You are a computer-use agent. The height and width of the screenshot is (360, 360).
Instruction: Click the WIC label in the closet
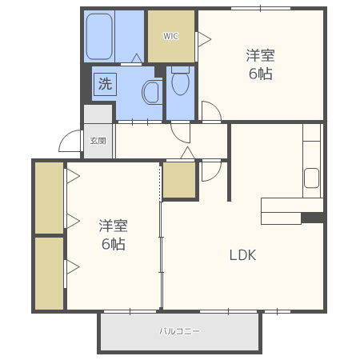click(x=170, y=36)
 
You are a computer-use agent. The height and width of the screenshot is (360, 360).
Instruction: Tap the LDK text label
click(x=242, y=255)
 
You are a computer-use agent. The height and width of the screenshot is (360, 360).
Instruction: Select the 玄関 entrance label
click(x=98, y=141)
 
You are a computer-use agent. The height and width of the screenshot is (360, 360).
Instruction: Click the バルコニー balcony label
click(x=179, y=331)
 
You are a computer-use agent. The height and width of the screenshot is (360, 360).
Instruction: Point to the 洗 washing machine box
click(x=105, y=84)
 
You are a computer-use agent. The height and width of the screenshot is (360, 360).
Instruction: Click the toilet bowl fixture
click(x=181, y=81)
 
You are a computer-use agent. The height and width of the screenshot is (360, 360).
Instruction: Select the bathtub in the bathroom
click(x=99, y=36)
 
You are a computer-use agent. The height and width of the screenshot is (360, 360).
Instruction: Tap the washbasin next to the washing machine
click(x=152, y=92)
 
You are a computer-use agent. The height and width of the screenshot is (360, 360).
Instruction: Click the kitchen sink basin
click(x=311, y=178)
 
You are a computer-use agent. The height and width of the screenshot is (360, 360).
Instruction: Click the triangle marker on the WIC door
click(x=205, y=39)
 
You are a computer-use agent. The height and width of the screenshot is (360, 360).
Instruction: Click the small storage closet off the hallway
click(x=179, y=180)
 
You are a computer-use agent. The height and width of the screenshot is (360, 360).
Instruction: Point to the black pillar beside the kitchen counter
click(x=312, y=218)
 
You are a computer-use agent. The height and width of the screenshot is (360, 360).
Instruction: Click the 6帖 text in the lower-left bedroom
click(x=114, y=243)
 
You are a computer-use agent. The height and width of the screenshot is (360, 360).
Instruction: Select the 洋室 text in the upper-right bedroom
click(x=260, y=55)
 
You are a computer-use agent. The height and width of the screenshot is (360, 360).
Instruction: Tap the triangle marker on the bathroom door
click(x=137, y=58)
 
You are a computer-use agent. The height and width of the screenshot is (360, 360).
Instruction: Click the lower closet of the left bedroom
click(x=50, y=274)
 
